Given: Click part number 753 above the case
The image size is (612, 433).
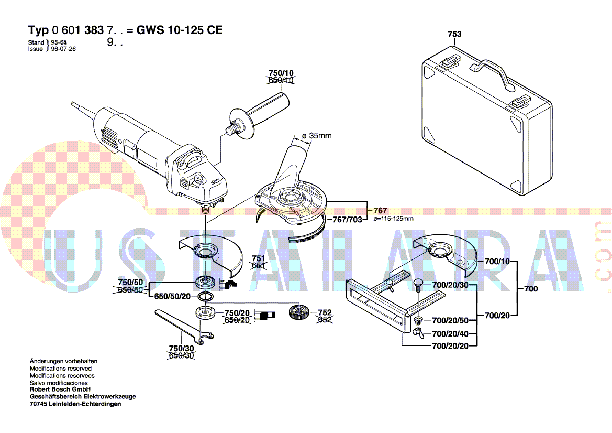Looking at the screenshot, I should [454, 34].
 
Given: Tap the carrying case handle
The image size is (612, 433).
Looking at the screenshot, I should [493, 69].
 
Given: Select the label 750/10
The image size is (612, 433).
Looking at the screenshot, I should [281, 73].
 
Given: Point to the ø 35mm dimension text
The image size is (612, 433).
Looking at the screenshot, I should [317, 136].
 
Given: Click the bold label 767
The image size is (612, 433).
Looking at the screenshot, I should [381, 211].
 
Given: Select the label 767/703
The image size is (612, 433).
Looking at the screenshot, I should [348, 220].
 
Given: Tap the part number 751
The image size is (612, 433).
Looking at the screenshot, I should [258, 258].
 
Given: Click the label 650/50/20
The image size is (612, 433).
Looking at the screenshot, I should [173, 296].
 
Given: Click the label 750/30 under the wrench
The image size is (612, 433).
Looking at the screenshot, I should [181, 349].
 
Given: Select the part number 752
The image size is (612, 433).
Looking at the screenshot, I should [325, 312].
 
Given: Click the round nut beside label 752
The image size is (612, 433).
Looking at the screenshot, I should [299, 315].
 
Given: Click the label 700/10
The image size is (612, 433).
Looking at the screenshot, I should [497, 261].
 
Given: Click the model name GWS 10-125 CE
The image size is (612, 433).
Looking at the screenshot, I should [180, 30].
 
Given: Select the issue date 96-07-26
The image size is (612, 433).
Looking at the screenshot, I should [63, 49].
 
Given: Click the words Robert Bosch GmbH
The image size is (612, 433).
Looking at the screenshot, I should [60, 389].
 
